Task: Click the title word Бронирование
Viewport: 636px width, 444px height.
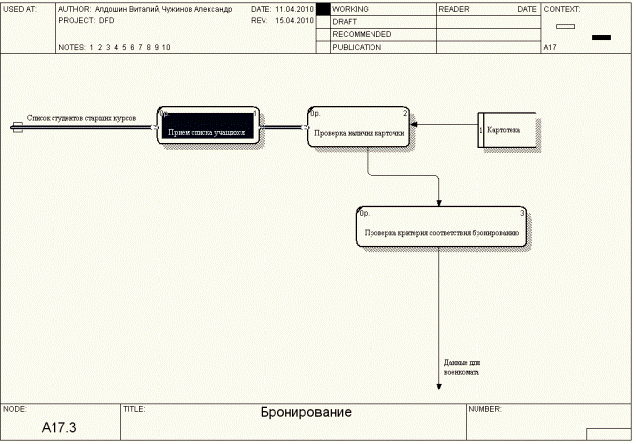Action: (x=305, y=412)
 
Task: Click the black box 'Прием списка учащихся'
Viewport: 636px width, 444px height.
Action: (x=209, y=127)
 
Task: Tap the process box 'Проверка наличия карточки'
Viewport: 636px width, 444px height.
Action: (x=360, y=127)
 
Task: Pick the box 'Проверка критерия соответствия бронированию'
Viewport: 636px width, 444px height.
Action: (x=441, y=229)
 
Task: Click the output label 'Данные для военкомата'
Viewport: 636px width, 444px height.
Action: (x=462, y=367)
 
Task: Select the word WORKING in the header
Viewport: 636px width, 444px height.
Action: (x=351, y=8)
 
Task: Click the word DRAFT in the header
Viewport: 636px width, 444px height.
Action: (x=344, y=21)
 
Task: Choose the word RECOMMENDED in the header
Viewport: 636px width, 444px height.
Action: (x=362, y=34)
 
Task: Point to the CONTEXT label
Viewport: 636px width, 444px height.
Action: (x=564, y=8)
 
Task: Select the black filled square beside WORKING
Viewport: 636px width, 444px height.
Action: (x=322, y=8)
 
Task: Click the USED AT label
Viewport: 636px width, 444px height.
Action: (x=20, y=8)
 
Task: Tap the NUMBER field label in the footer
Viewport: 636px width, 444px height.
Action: (x=486, y=407)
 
